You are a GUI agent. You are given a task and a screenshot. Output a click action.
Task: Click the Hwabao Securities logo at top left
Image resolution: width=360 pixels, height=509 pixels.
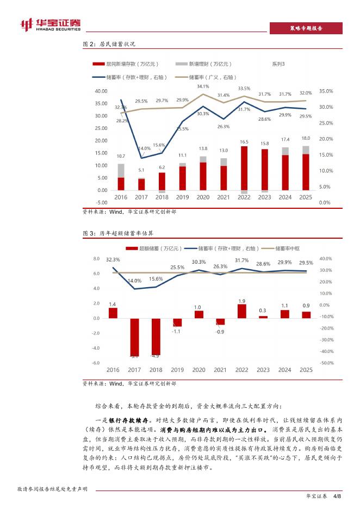tap(49, 23)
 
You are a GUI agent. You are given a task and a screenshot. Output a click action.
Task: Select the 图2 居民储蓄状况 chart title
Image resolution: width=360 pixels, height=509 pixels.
tap(108, 44)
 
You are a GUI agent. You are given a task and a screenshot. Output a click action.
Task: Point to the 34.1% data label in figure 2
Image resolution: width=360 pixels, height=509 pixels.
tap(203, 86)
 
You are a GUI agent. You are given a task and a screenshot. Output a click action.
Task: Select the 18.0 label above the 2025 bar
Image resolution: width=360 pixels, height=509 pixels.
tap(306, 138)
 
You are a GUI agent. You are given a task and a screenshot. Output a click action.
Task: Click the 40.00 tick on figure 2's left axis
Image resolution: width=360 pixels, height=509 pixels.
tap(101, 91)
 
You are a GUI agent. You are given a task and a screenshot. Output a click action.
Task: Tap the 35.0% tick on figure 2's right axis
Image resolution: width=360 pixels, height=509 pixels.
tap(326, 91)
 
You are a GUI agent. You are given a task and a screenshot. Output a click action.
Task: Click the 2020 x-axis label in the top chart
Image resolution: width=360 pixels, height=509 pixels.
tap(203, 197)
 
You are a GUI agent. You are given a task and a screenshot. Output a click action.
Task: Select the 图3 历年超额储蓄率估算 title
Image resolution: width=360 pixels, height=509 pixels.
tap(112, 233)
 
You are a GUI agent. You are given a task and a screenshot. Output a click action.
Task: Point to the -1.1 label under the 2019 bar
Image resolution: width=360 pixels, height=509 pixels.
tap(176, 331)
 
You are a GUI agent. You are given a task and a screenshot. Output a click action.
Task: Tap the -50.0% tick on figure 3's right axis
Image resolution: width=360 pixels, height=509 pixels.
tap(326, 363)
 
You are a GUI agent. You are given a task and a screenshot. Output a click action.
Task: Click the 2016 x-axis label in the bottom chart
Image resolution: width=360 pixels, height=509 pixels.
tap(113, 370)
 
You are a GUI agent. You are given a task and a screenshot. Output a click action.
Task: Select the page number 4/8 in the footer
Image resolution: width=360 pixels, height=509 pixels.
tap(336, 496)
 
